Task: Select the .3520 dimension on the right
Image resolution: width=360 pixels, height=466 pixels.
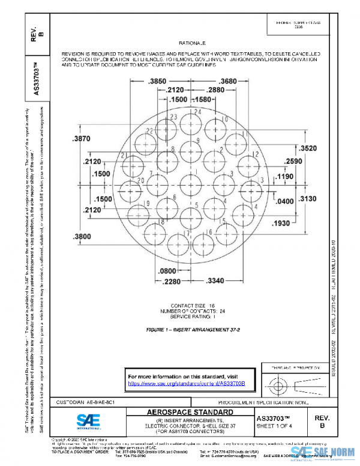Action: pos(308,149)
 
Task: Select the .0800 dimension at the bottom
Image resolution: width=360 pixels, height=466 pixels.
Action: pos(167,271)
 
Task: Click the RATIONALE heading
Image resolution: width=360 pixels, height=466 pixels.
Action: pos(192,44)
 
